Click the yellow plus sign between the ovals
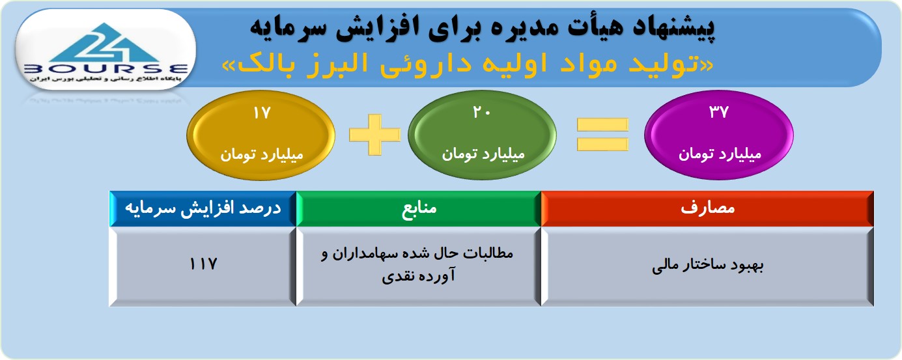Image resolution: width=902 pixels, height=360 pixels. [375, 135]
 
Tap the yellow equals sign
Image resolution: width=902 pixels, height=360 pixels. [602, 135]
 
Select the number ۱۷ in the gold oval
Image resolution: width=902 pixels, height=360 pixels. [262, 113]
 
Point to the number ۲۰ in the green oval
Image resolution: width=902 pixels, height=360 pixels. [482, 113]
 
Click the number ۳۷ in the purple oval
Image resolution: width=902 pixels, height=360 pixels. [719, 112]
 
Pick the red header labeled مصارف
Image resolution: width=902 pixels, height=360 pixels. [707, 208]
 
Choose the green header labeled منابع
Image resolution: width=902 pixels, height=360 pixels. [419, 208]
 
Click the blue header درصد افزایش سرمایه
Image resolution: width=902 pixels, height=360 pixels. [203, 208]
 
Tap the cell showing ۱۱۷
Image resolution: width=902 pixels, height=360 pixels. [203, 266]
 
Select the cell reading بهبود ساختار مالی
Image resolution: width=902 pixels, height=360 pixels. [707, 266]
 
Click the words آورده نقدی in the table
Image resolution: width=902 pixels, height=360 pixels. [418, 276]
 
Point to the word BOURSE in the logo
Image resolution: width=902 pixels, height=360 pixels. [106, 69]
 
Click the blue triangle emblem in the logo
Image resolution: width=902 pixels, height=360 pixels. [105, 42]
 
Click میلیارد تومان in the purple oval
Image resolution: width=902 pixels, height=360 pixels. [720, 154]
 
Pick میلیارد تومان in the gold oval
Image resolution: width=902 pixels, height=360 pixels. [262, 155]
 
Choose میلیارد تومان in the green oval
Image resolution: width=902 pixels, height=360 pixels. [483, 154]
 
